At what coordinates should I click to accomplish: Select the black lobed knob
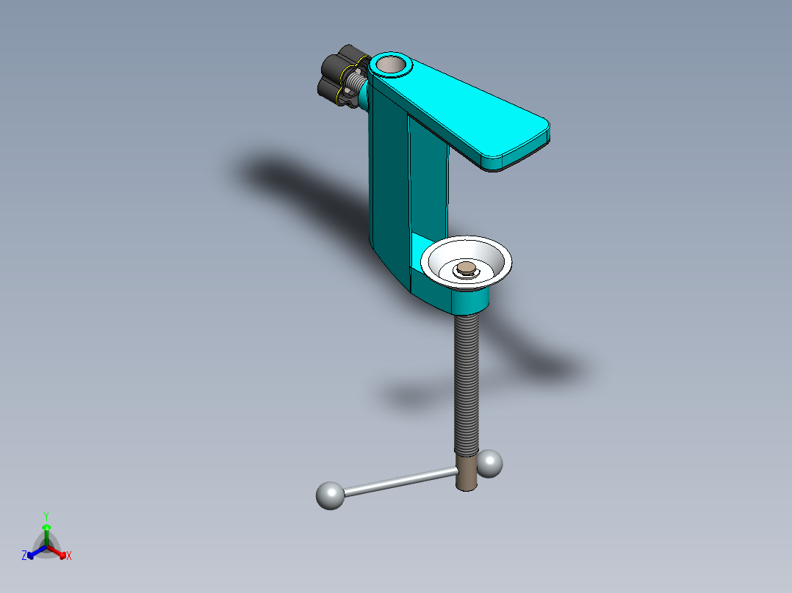pyautogui.click(x=339, y=76)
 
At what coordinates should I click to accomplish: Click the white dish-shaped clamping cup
pyautogui.click(x=467, y=263)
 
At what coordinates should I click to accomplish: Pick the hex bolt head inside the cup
pyautogui.click(x=466, y=269)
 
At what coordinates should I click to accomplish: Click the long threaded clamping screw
pyautogui.click(x=467, y=385)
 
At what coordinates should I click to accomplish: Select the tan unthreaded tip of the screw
pyautogui.click(x=467, y=473)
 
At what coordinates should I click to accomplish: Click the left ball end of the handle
pyautogui.click(x=331, y=495)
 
